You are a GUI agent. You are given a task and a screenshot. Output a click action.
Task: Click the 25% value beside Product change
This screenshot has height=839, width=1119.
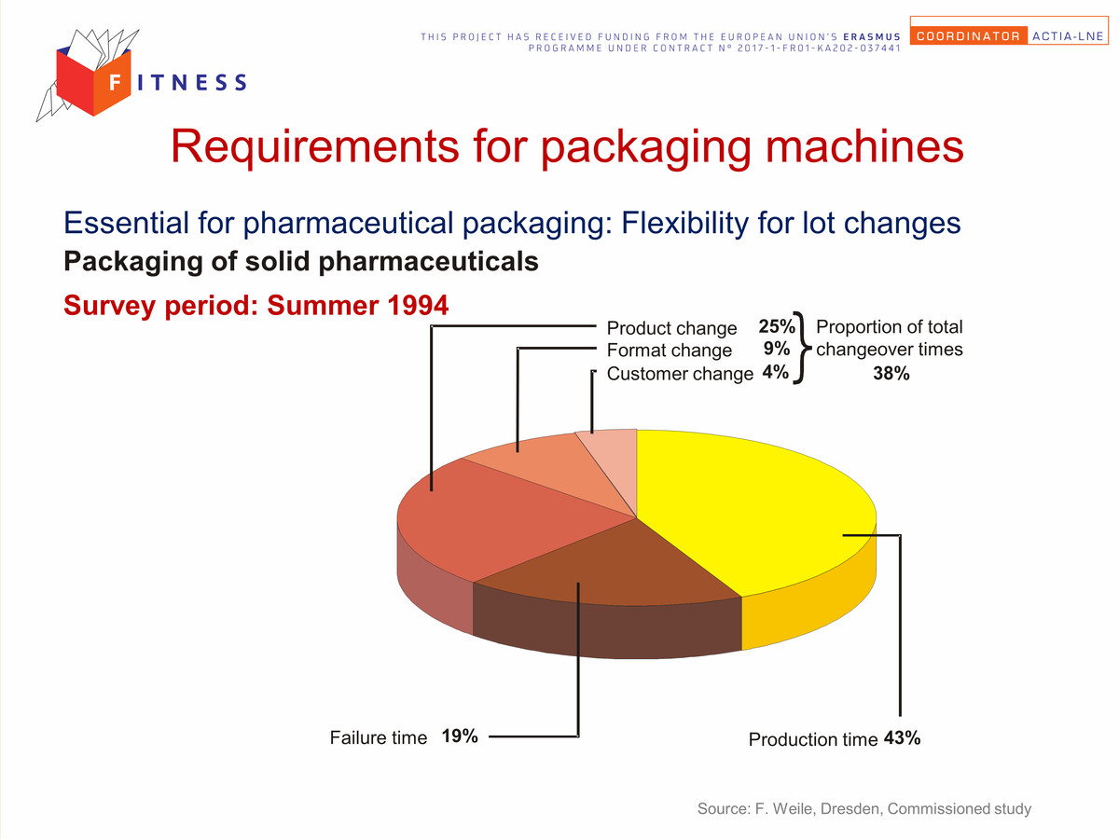(x=777, y=326)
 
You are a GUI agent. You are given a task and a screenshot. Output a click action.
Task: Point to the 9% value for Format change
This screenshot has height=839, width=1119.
(x=777, y=349)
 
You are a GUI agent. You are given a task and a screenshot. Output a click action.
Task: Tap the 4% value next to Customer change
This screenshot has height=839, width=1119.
(x=776, y=372)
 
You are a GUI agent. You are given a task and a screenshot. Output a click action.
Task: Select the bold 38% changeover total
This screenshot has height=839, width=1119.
(x=891, y=374)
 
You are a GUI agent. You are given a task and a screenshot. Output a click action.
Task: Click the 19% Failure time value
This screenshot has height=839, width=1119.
(x=460, y=736)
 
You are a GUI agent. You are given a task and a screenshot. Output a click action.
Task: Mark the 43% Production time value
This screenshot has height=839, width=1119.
(x=902, y=738)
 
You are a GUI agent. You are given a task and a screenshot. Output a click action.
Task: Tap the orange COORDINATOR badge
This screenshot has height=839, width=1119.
(x=969, y=36)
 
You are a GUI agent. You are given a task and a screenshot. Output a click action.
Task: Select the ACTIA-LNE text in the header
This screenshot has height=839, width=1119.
(x=1068, y=36)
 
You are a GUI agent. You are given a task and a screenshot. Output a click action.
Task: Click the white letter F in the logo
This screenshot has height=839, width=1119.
(x=116, y=81)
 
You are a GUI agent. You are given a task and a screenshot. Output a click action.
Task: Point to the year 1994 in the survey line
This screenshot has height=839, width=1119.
(x=418, y=305)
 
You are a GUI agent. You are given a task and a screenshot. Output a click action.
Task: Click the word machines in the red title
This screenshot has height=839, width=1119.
(x=864, y=146)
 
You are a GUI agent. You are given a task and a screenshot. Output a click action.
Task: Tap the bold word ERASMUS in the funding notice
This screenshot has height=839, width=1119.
(x=872, y=36)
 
